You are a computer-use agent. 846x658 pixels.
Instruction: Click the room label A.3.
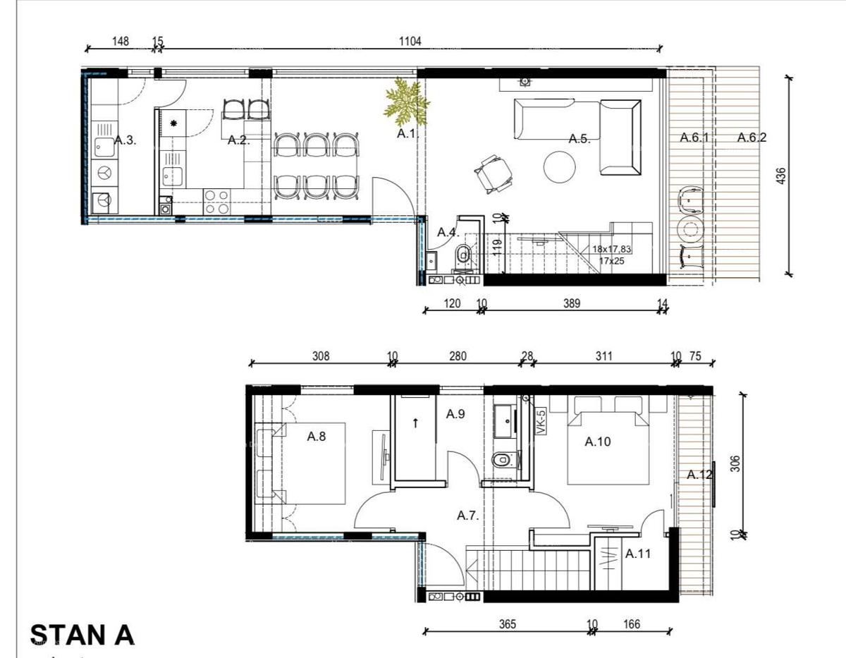125,140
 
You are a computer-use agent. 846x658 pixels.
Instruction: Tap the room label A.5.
579,139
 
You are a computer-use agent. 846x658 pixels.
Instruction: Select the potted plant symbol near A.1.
407,101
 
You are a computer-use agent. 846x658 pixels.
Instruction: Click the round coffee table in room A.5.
560,168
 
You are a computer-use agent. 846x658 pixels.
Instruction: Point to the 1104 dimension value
410,42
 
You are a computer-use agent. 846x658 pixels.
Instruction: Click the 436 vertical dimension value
780,175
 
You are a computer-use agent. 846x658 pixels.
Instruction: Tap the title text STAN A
82,634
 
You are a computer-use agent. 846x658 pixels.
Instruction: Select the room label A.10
598,442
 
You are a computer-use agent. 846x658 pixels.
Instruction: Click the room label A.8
316,437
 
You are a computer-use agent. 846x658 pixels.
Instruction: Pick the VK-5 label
541,423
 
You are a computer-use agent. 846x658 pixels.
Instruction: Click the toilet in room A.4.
463,253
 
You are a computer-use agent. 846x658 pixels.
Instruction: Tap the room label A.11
637,554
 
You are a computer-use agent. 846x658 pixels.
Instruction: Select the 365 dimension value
507,624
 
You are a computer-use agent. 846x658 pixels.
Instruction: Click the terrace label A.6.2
752,138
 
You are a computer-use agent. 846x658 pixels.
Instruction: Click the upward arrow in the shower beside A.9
415,423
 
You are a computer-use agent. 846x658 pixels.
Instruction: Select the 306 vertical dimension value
735,463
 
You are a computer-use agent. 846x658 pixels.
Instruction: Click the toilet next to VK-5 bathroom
501,460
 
